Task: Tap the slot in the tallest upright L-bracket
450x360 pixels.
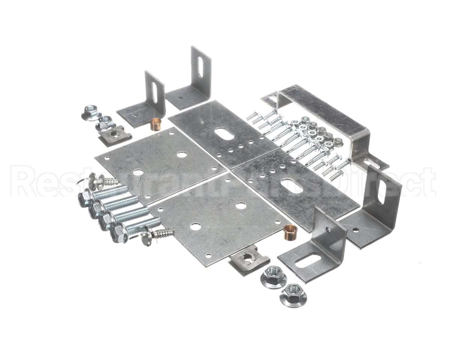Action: [x=200, y=67]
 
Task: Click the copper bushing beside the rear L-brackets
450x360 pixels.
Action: [x=156, y=124]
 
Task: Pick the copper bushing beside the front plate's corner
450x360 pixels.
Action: [x=290, y=232]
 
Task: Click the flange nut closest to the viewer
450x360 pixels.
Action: [x=293, y=295]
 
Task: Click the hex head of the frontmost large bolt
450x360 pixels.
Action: [x=118, y=235]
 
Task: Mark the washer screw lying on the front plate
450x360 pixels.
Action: [x=157, y=235]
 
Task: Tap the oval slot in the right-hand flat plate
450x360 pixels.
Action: [x=291, y=185]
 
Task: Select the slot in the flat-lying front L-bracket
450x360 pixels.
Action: [x=307, y=260]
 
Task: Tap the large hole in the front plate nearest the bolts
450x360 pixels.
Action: [x=195, y=226]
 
